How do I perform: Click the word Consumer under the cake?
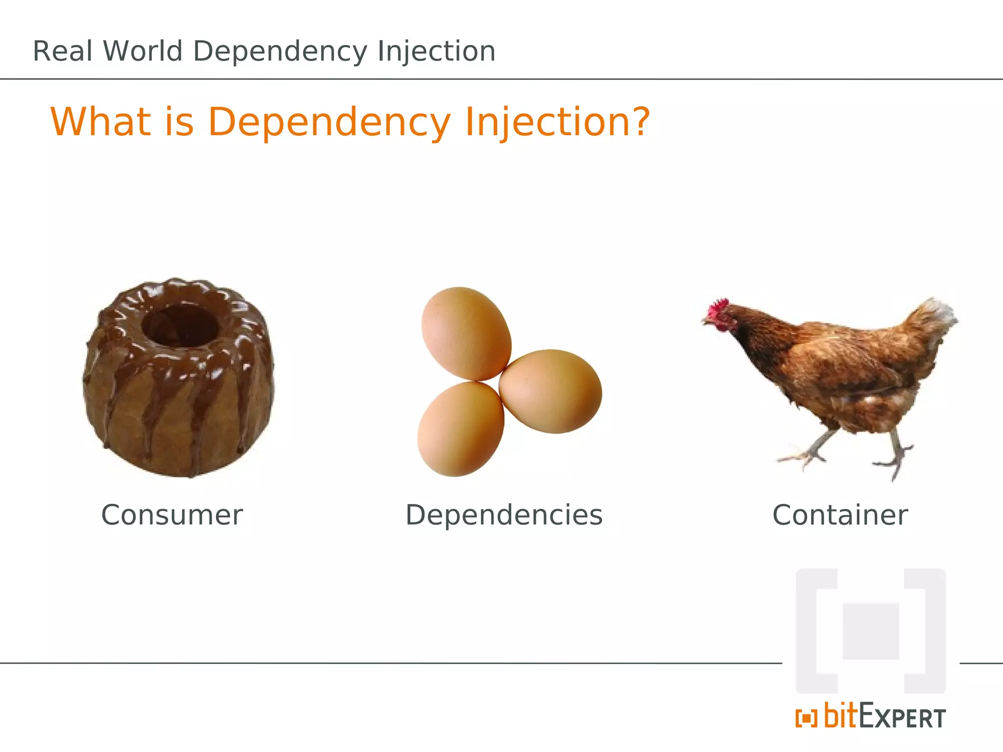(172, 515)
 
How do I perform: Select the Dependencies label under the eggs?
(504, 515)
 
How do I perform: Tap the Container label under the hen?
(840, 515)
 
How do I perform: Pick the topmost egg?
(466, 333)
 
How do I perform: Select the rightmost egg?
(550, 391)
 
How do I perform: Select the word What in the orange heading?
(101, 121)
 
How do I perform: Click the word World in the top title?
(143, 51)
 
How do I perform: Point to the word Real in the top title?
(63, 51)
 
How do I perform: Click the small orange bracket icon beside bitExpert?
(806, 718)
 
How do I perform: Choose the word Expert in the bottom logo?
(902, 718)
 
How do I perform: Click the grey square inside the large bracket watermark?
(870, 632)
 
